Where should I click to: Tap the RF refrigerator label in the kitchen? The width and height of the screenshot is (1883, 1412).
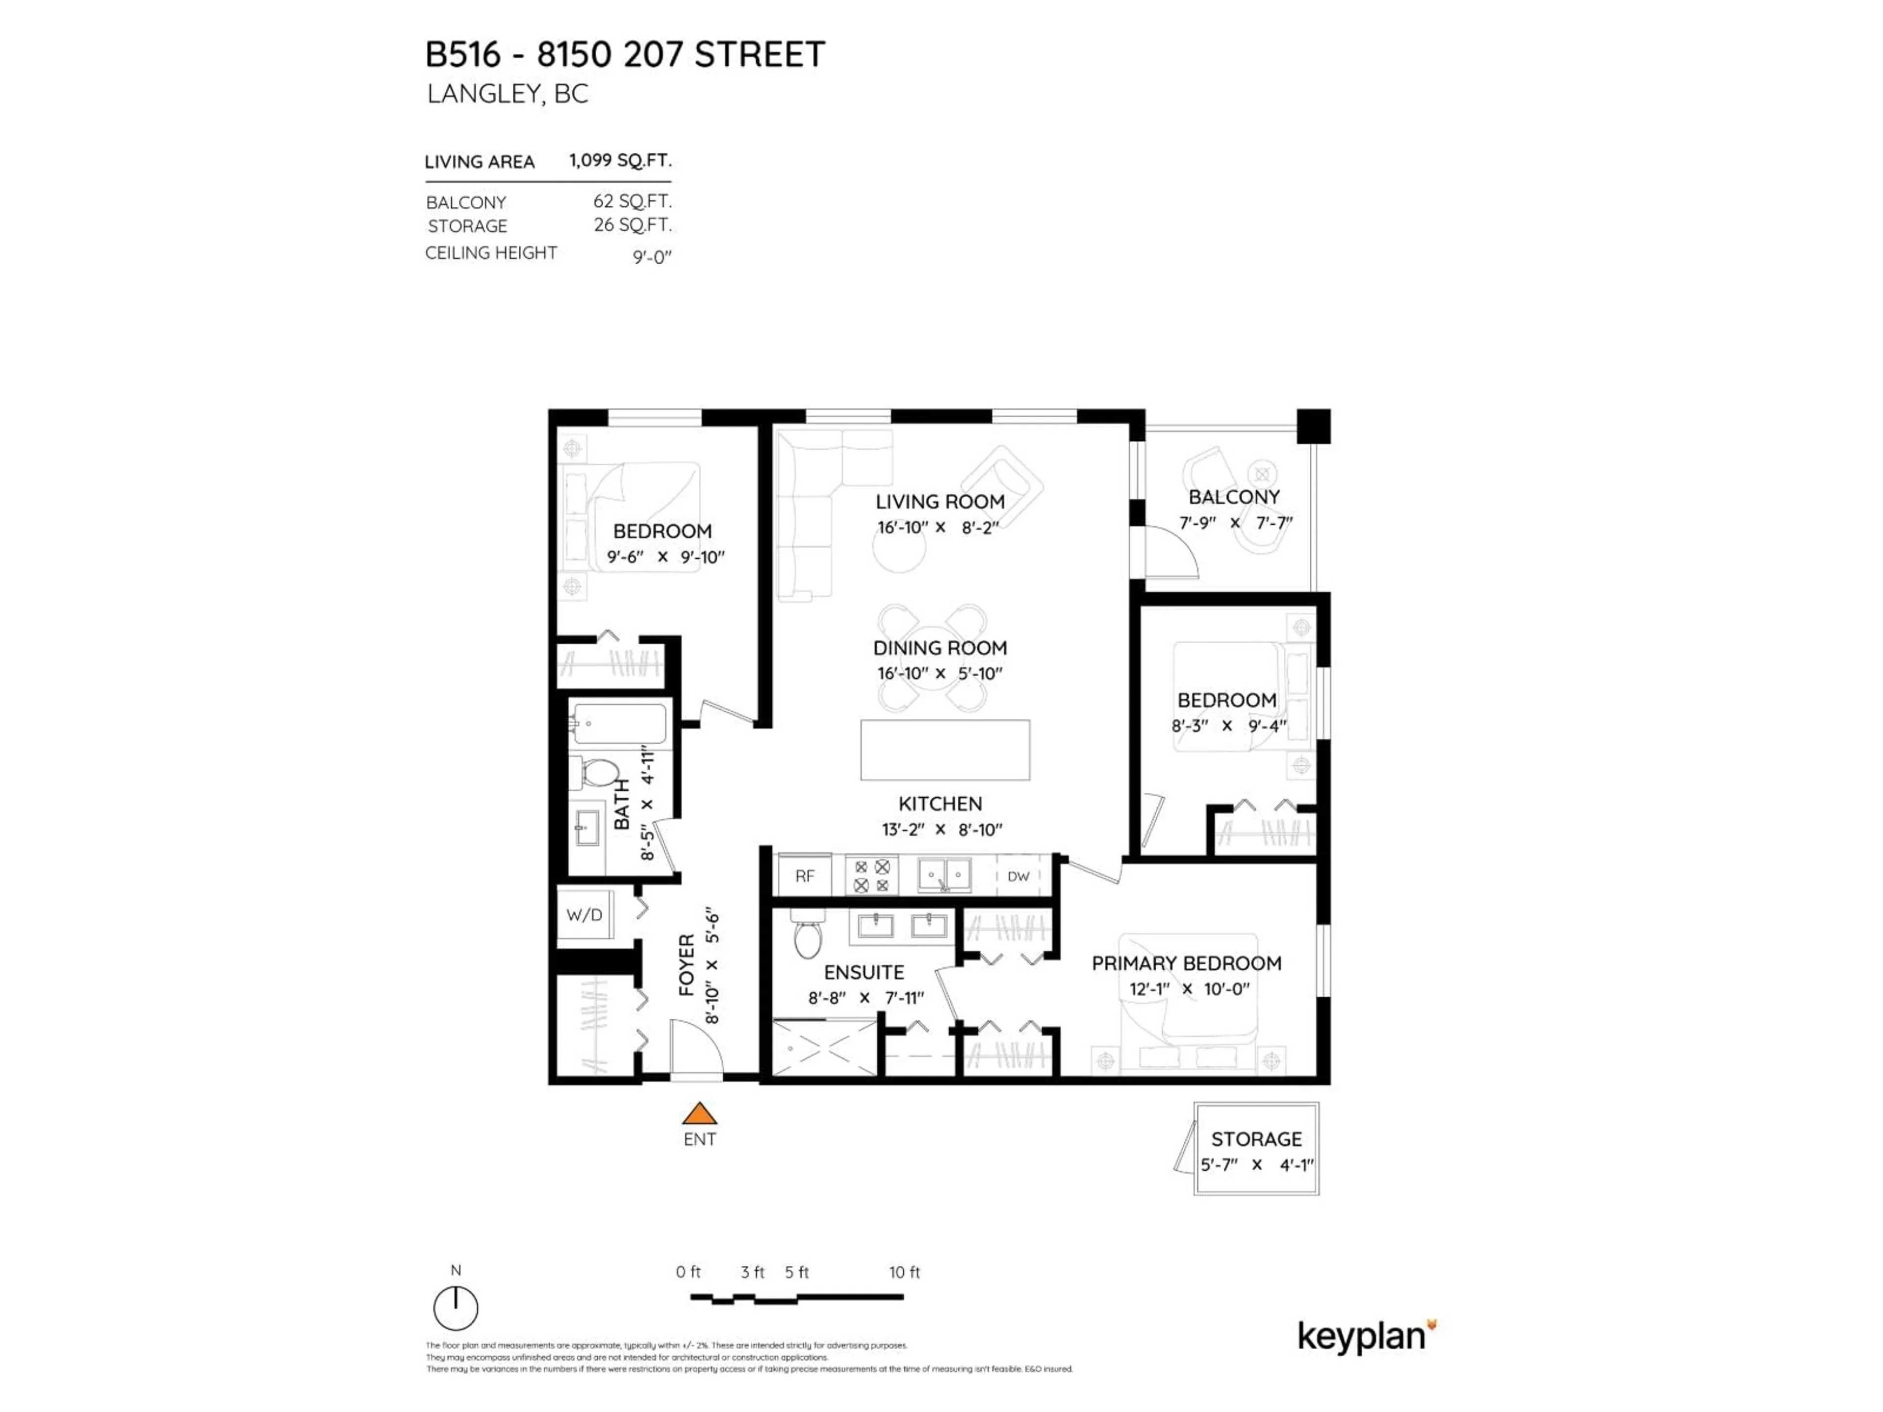click(805, 876)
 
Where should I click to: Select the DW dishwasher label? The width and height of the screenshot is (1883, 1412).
click(1018, 876)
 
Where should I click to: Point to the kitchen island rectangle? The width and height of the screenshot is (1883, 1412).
click(945, 750)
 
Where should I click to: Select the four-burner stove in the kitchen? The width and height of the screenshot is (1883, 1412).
click(872, 876)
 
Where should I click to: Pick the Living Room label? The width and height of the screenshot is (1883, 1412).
click(940, 502)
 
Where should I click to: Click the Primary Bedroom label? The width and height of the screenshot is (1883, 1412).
click(1186, 963)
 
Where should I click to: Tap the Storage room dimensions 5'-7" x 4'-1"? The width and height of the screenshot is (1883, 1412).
click(1256, 1164)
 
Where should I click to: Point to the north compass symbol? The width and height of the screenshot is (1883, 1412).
click(456, 1307)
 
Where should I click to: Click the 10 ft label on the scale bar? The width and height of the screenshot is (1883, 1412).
click(904, 1272)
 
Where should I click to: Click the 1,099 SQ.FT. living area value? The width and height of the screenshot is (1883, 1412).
click(620, 160)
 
